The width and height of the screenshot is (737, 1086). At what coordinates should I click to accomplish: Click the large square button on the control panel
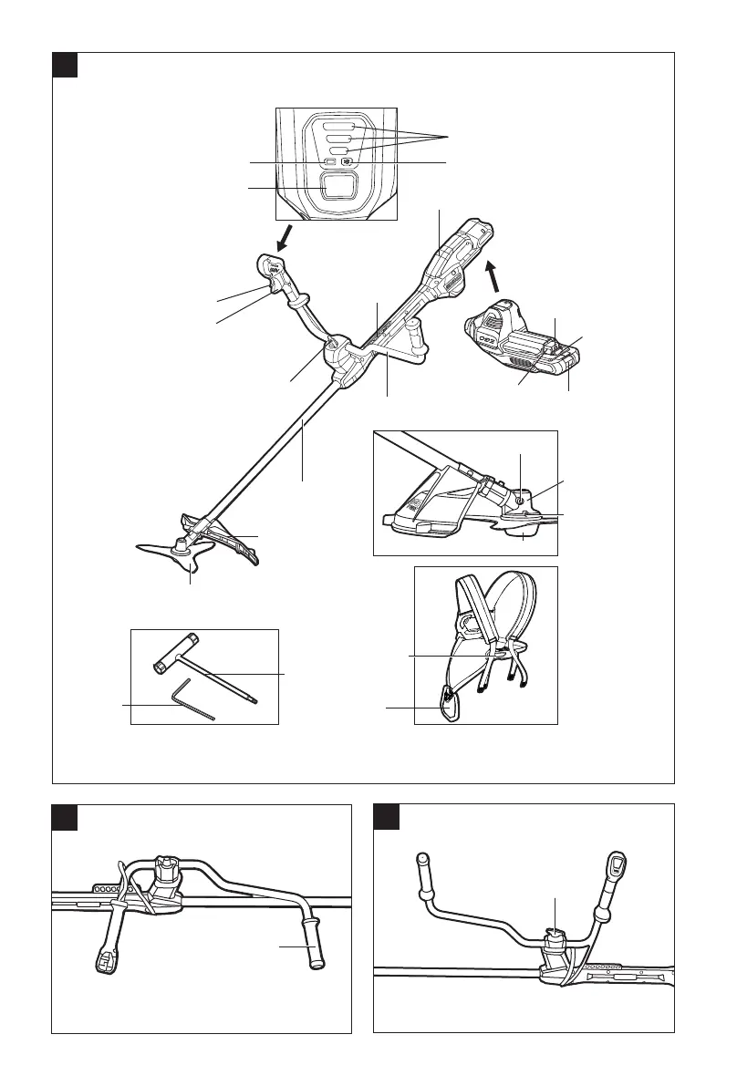pos(337,188)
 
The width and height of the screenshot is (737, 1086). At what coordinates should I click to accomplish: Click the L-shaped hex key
pos(192,698)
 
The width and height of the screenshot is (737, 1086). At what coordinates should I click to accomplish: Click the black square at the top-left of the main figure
pos(64,65)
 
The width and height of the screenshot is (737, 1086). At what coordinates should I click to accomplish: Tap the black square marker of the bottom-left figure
pos(64,816)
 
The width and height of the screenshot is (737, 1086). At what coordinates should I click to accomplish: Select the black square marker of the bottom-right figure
pos(387,816)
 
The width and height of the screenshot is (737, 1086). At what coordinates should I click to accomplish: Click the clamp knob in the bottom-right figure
pos(554,939)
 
